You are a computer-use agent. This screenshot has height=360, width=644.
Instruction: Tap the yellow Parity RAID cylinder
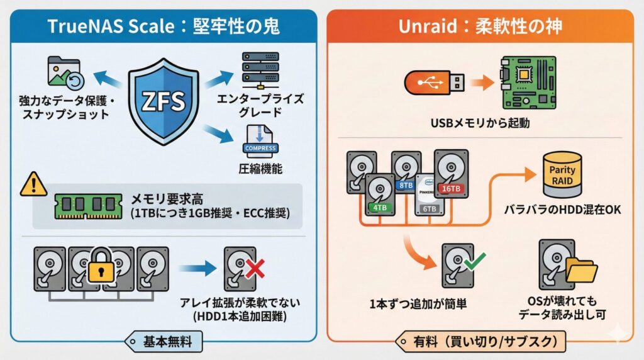pyautogui.click(x=562, y=175)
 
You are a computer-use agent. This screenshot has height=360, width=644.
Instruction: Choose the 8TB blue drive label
pyautogui.click(x=406, y=185)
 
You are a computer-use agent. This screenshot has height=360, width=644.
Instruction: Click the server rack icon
pyautogui.click(x=260, y=71)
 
